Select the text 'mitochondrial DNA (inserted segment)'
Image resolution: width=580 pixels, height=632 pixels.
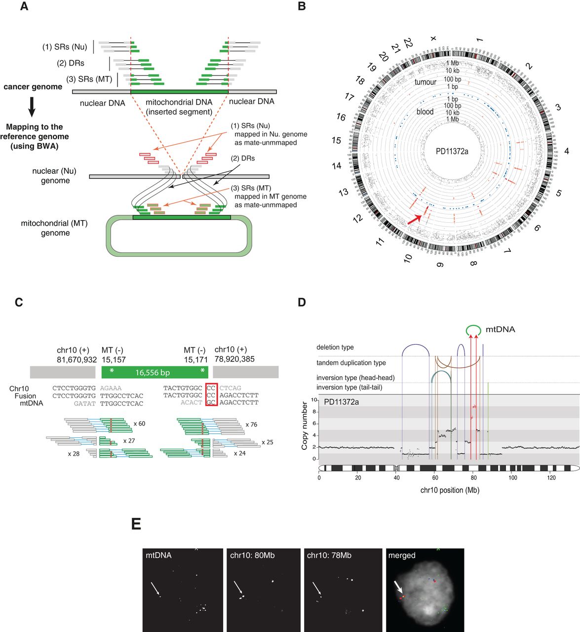tap(179, 107)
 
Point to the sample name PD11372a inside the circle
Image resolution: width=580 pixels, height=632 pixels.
tap(452, 152)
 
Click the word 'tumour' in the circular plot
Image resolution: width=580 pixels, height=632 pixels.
tap(425, 82)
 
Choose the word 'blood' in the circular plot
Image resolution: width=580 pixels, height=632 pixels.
tap(425, 112)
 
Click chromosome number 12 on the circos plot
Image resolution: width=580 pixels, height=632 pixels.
tap(358, 218)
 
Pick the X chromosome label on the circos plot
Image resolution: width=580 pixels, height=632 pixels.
tap(433, 38)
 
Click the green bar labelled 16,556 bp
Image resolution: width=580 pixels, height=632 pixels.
tap(155, 372)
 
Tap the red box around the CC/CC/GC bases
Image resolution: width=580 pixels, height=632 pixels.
tap(211, 395)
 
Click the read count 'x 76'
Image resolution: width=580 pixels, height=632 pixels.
tap(251, 424)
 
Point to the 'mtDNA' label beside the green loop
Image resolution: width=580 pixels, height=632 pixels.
tap(501, 329)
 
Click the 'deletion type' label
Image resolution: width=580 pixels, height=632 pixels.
tap(335, 348)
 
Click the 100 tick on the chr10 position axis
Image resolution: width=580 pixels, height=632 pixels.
tap(513, 477)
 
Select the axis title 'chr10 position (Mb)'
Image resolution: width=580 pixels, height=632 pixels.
tap(449, 490)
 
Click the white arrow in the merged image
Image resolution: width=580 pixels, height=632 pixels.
tap(398, 588)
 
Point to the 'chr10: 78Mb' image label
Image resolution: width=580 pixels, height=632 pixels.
tap(329, 555)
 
